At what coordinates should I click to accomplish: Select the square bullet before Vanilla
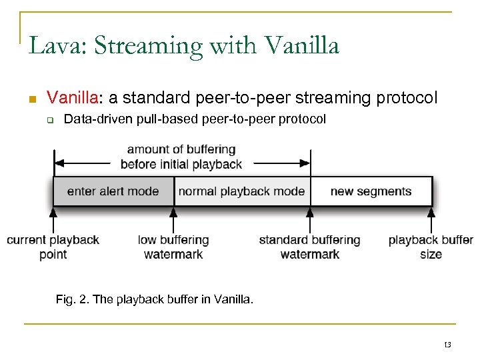click(31, 99)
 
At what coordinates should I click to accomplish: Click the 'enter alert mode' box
click(113, 191)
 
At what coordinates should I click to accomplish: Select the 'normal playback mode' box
click(241, 191)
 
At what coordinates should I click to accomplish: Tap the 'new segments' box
click(371, 191)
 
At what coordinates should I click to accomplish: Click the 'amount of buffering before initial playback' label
click(181, 157)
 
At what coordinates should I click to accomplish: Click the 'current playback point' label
click(53, 247)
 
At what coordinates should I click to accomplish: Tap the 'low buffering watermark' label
click(173, 247)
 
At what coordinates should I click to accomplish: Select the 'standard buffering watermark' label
click(309, 247)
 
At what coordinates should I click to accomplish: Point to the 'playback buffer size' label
click(431, 247)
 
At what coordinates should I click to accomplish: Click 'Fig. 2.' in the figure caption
click(73, 299)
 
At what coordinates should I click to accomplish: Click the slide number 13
click(447, 345)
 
